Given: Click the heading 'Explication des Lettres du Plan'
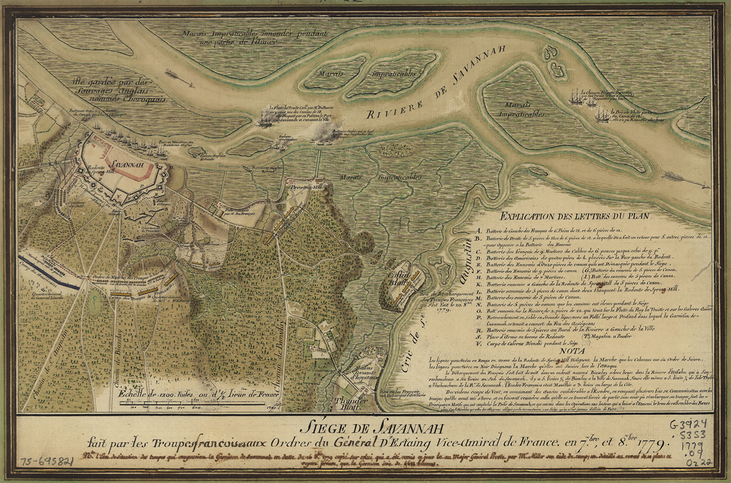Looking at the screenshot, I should coord(575,216).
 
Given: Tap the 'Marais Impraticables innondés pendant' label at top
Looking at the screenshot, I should coord(254,34).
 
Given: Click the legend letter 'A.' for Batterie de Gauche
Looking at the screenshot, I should coord(478,231).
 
